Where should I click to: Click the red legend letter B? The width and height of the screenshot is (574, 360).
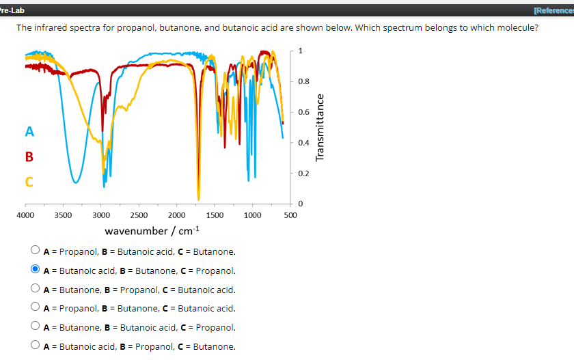(x=29, y=156)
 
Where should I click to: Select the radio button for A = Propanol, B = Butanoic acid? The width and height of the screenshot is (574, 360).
(x=36, y=252)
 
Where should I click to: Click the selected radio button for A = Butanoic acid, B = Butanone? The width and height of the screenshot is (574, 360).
(x=36, y=271)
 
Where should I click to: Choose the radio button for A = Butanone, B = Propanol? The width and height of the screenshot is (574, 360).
(x=36, y=290)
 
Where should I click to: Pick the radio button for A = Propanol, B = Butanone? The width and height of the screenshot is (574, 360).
(x=36, y=309)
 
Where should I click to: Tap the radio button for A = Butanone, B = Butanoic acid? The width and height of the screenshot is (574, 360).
(x=36, y=327)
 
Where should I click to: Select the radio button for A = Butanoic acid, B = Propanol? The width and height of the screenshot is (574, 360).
(x=36, y=346)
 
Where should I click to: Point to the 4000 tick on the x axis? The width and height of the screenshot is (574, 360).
(x=25, y=215)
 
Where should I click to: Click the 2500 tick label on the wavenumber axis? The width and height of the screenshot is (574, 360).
(x=138, y=215)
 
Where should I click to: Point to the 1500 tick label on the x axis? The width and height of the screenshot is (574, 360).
(x=214, y=215)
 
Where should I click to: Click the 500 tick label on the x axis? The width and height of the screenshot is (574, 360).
(x=289, y=215)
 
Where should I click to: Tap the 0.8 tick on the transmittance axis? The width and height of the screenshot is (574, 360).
(x=303, y=81)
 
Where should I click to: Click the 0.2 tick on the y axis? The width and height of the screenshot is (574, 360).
(x=303, y=174)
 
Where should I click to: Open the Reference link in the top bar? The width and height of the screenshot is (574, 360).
(x=553, y=10)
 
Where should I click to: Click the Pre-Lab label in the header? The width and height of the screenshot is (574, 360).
(x=12, y=10)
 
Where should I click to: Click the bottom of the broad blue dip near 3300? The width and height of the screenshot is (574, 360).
(x=76, y=182)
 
